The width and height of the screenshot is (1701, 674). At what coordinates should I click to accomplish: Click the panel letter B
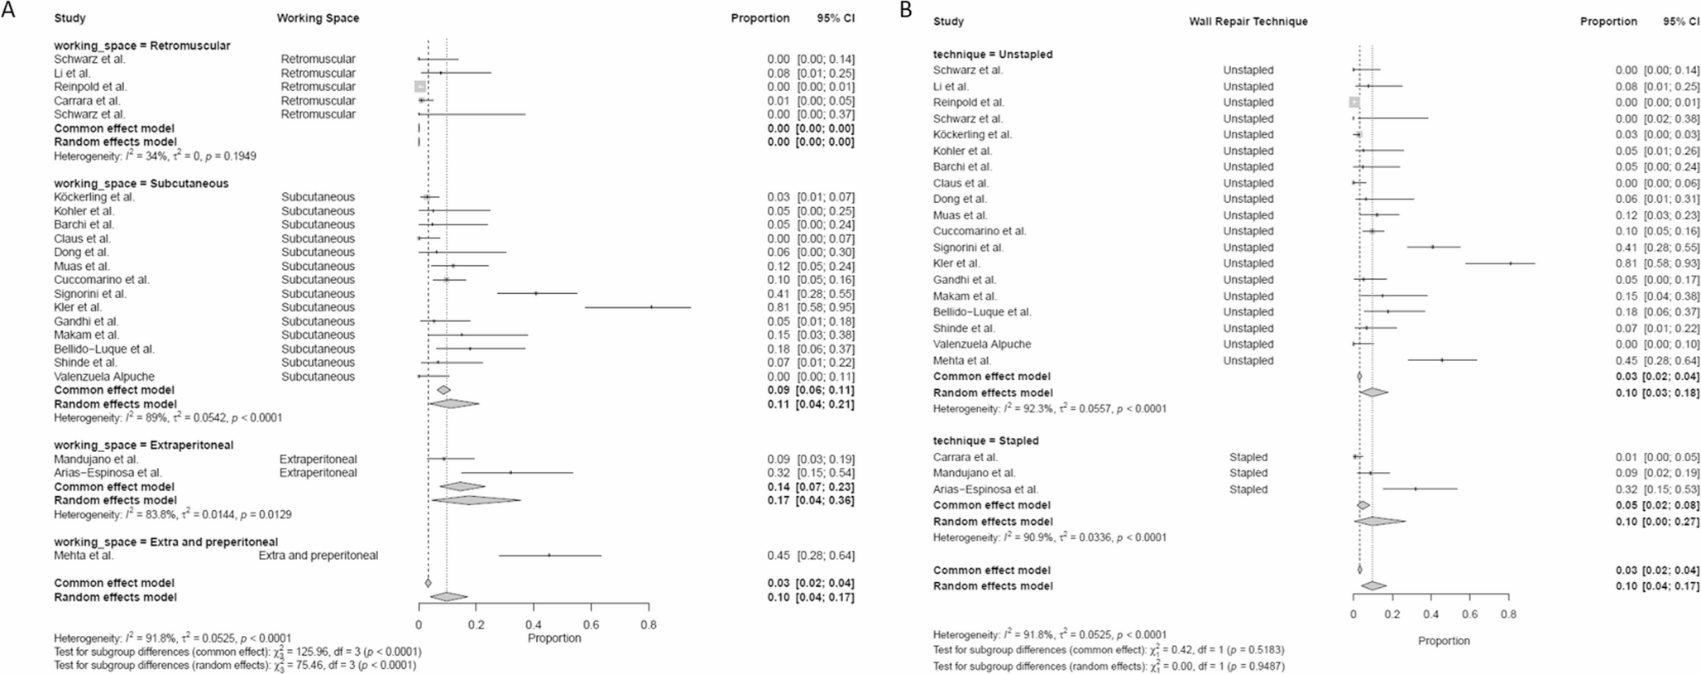pyautogui.click(x=906, y=10)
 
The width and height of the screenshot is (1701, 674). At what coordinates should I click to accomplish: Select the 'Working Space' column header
pyautogui.click(x=318, y=18)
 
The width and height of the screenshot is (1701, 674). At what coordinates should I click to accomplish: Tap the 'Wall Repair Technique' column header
pyautogui.click(x=1248, y=22)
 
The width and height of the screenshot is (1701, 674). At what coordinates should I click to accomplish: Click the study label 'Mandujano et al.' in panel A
pyautogui.click(x=96, y=459)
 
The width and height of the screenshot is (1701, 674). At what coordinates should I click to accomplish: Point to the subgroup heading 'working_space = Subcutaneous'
pyautogui.click(x=141, y=183)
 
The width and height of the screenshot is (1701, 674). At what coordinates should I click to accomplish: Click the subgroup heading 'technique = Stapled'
pyautogui.click(x=985, y=441)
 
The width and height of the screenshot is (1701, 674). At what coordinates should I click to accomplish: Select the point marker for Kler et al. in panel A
pyautogui.click(x=651, y=307)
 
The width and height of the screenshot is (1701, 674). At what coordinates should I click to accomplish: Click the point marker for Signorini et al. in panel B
pyautogui.click(x=1432, y=247)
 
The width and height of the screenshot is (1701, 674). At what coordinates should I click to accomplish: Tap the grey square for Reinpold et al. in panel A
pyautogui.click(x=420, y=86)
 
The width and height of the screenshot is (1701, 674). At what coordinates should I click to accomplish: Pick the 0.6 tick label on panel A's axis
pyautogui.click(x=591, y=625)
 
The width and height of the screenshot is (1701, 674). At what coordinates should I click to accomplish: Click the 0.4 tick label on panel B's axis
pyautogui.click(x=1430, y=614)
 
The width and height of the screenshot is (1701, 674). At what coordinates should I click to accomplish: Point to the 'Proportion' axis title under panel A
pyautogui.click(x=553, y=638)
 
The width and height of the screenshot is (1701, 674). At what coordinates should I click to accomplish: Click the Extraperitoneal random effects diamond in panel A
pyautogui.click(x=476, y=500)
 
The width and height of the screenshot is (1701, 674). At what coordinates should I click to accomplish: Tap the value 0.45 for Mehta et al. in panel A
pyautogui.click(x=778, y=556)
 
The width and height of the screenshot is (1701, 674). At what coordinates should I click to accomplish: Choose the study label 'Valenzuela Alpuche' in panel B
pyautogui.click(x=982, y=344)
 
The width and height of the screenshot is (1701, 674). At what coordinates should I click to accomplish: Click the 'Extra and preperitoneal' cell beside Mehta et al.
pyautogui.click(x=318, y=556)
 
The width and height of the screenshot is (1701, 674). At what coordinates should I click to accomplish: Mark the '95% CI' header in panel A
pyautogui.click(x=836, y=18)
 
